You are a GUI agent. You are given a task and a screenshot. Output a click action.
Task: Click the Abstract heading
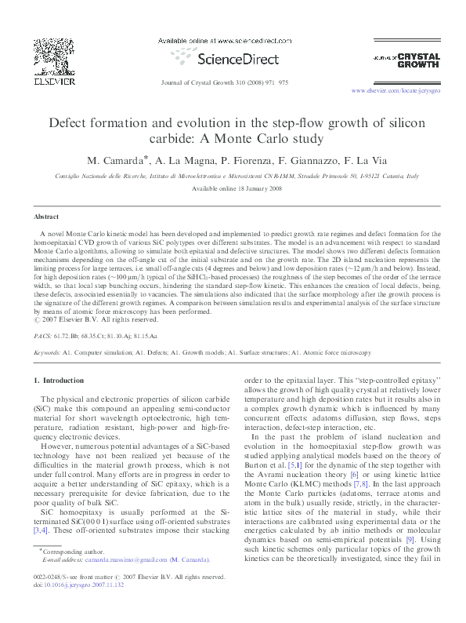[46, 216]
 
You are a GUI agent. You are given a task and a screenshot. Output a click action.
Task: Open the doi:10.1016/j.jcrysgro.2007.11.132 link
[81, 607]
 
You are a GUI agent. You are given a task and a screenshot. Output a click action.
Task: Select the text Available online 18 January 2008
[232, 188]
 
